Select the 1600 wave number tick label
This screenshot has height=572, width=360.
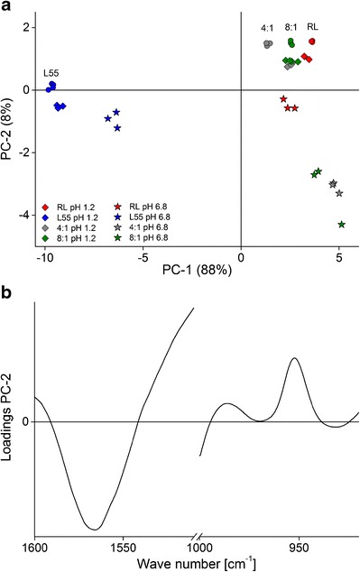(34, 548)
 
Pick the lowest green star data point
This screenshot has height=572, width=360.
(342, 225)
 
